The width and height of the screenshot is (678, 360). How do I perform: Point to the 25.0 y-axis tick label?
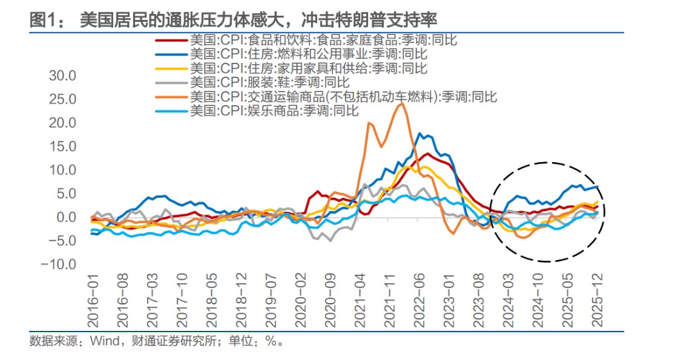(x=63, y=99)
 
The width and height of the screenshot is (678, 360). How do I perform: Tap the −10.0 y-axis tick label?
(x=60, y=265)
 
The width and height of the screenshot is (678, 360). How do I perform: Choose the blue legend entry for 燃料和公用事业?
(x=308, y=54)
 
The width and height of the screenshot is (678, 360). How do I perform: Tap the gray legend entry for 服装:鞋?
(x=269, y=82)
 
